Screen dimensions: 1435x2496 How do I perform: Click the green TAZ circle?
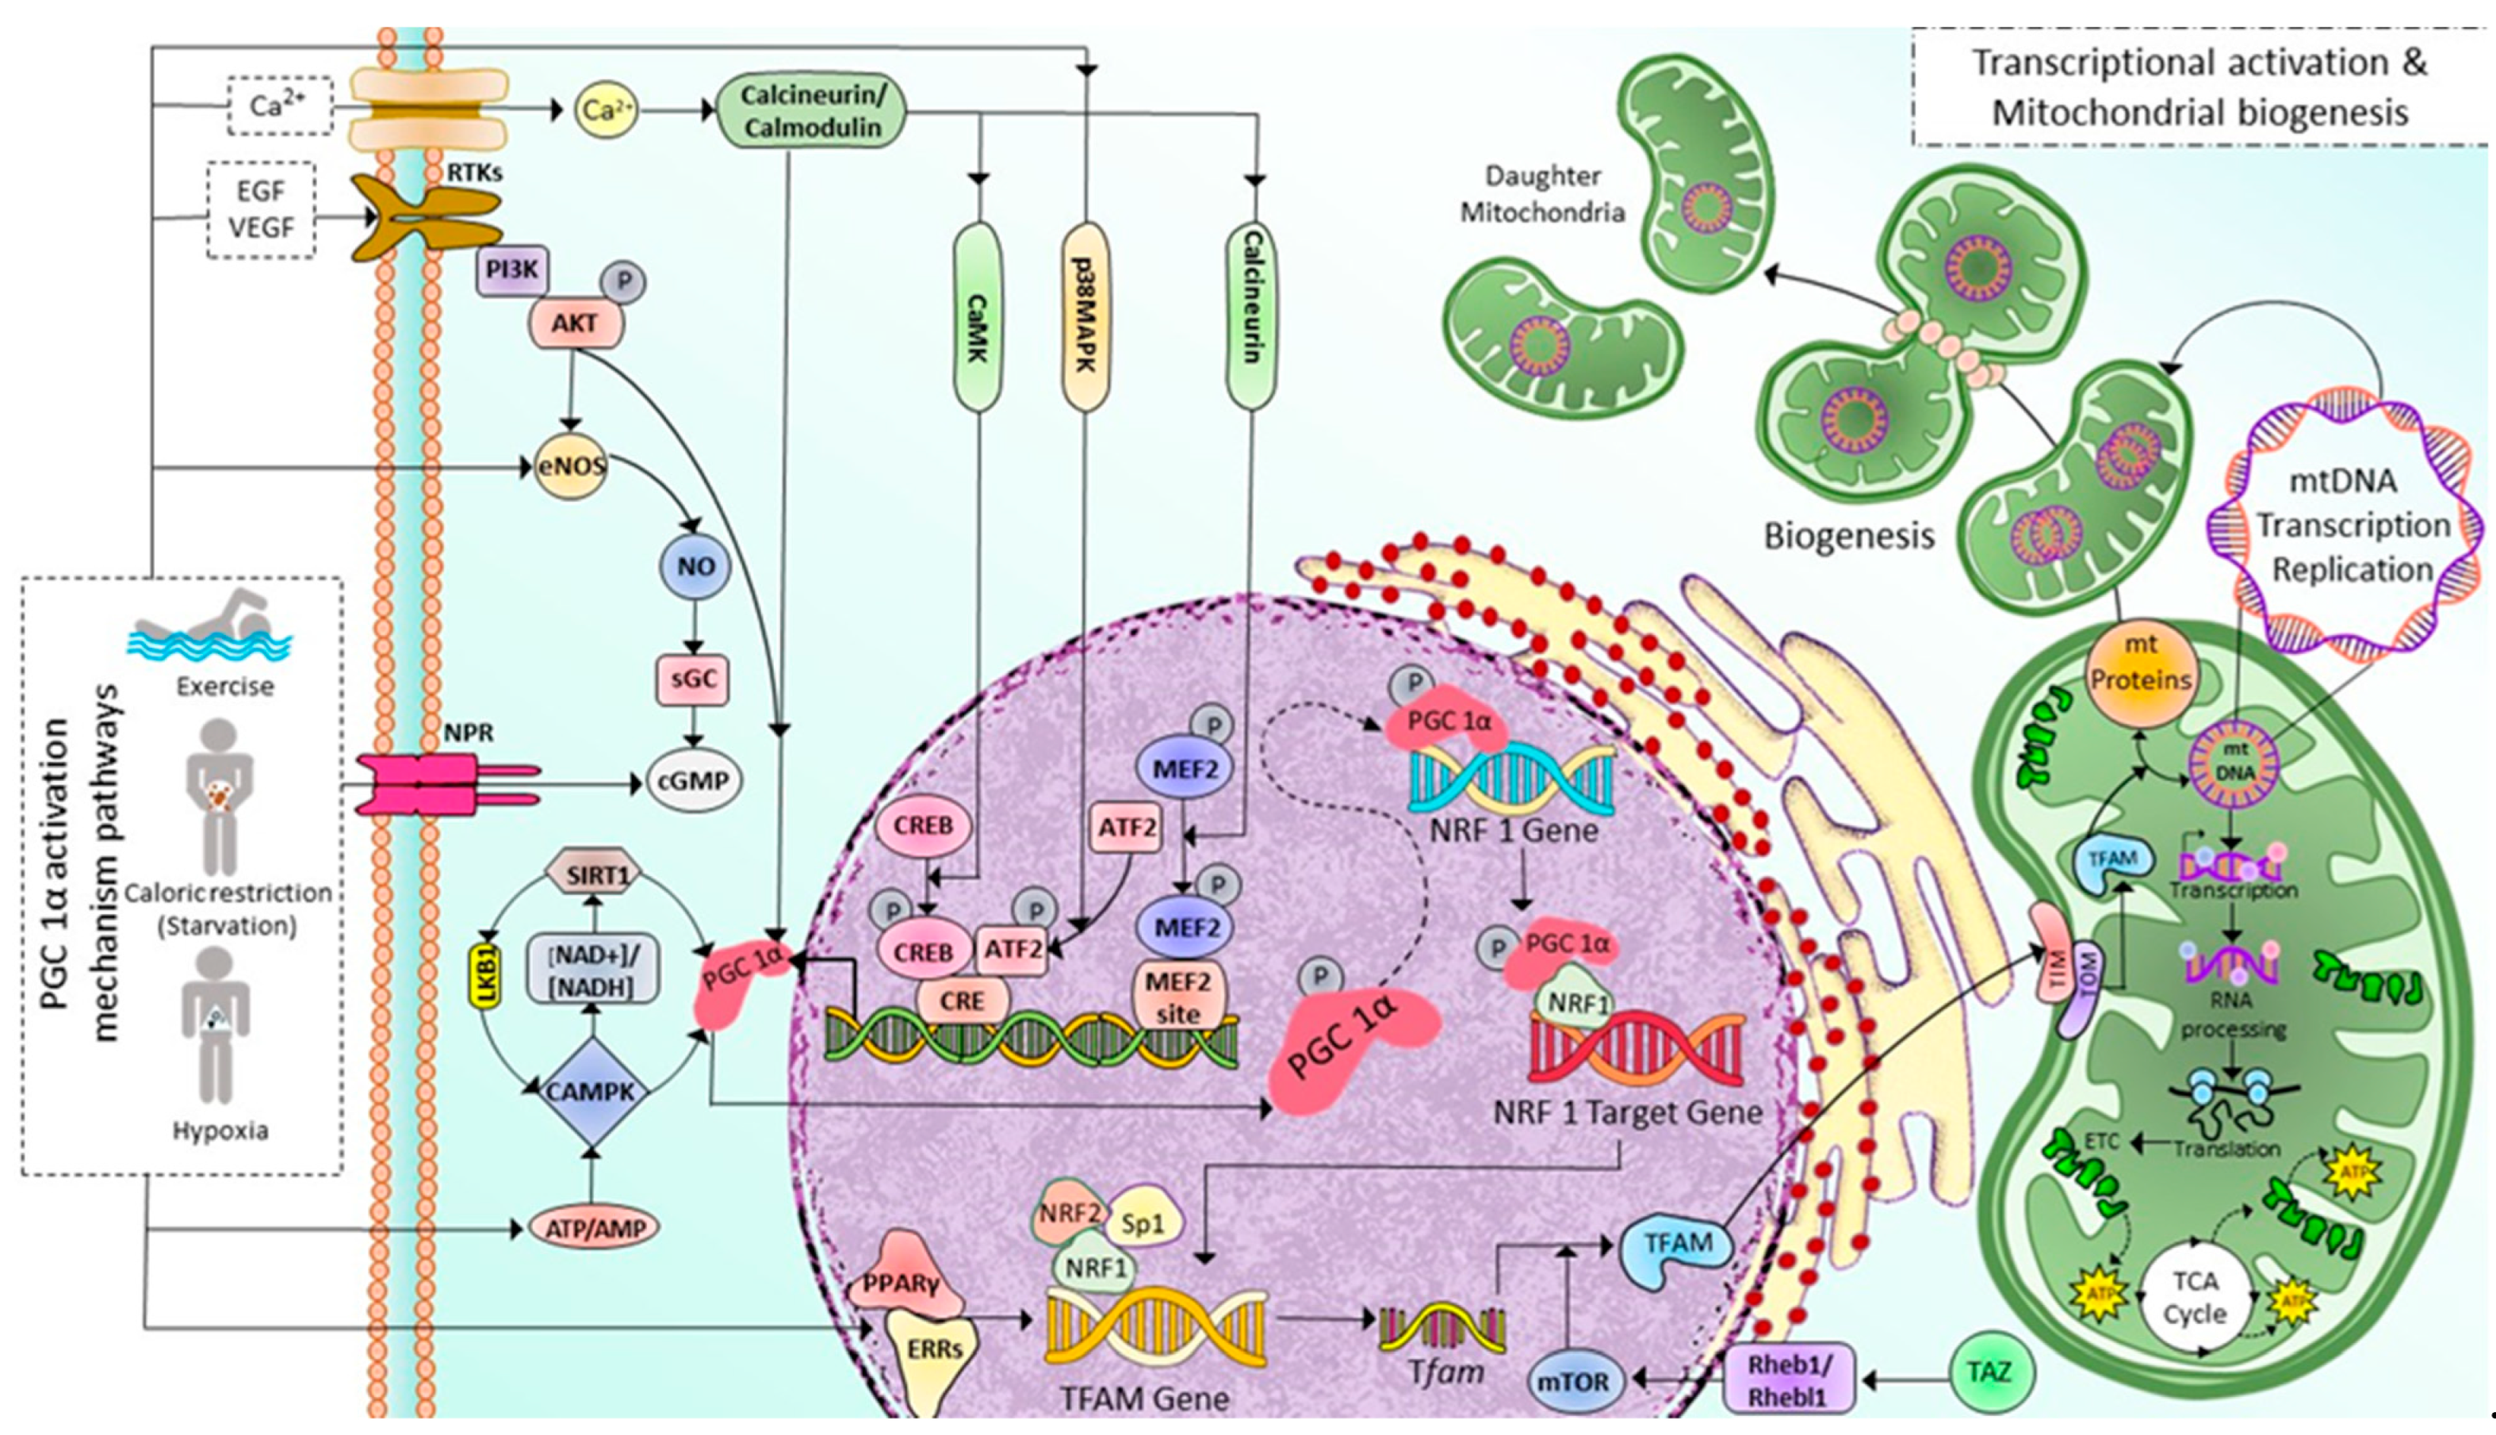point(1989,1371)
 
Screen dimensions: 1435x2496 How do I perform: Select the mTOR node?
point(1573,1382)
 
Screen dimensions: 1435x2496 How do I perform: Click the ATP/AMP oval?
point(594,1228)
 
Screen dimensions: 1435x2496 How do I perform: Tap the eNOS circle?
point(571,465)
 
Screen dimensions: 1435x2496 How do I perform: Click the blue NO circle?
point(695,567)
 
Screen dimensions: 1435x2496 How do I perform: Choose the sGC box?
point(693,679)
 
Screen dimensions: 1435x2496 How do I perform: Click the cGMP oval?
point(695,781)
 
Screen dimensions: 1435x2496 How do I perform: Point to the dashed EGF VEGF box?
point(261,210)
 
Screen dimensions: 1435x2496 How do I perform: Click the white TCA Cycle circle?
point(2195,1297)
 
